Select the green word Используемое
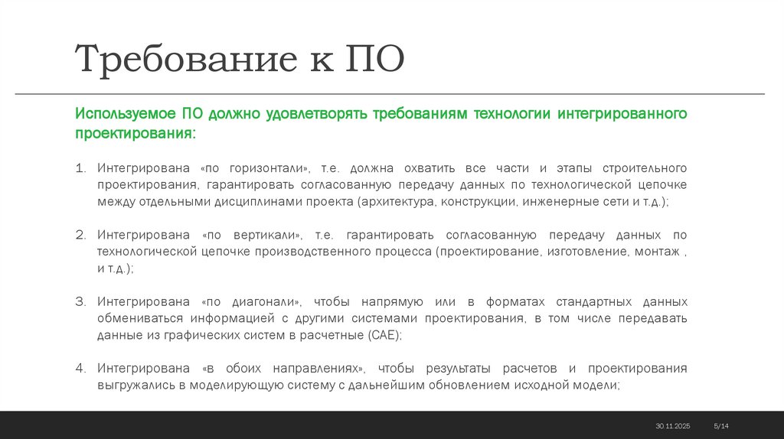[x=126, y=115]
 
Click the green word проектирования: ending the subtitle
[x=135, y=134]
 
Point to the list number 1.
[x=81, y=168]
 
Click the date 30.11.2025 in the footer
[x=672, y=425]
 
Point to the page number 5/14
[x=720, y=425]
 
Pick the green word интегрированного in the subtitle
[x=621, y=115]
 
